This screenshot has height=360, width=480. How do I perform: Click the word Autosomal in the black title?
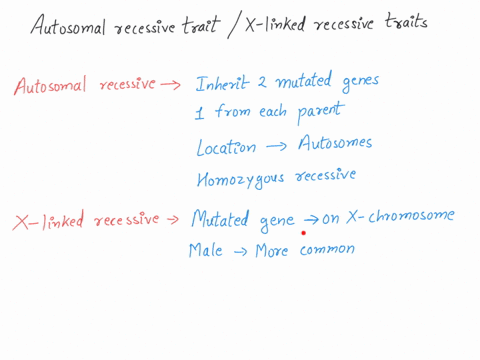[66, 22]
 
